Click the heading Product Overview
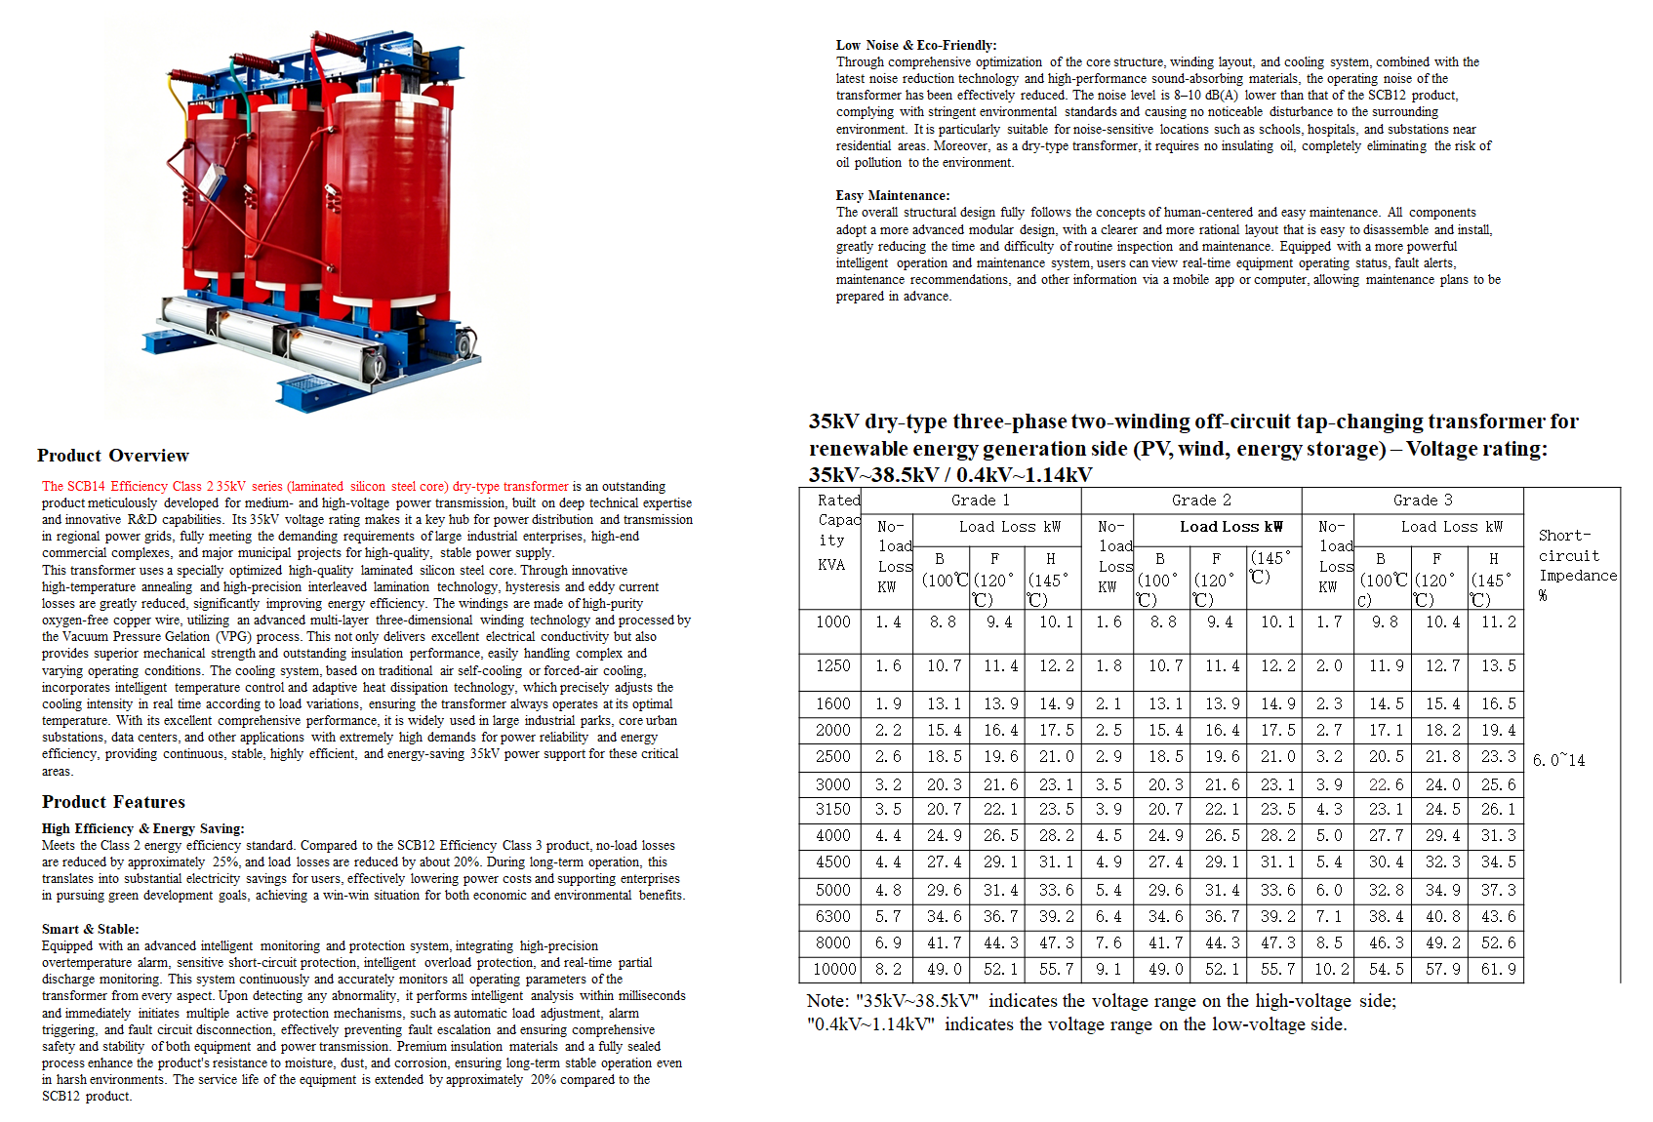[113, 456]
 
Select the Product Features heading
[113, 802]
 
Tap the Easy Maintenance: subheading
[893, 195]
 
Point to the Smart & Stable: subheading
[90, 929]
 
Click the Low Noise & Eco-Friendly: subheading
[916, 45]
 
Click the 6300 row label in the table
[833, 916]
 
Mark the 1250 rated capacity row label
[833, 665]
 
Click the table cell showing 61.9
[1498, 969]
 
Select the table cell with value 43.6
[1498, 916]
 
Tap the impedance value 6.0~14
[1558, 760]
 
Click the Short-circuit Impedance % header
[1577, 565]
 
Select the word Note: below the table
[828, 1001]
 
